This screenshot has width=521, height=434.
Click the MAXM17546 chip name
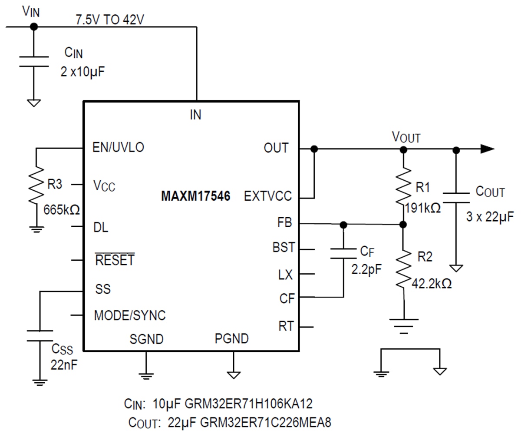[195, 196]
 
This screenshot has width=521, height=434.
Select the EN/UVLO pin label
[118, 147]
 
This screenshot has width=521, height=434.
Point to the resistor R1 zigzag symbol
[403, 187]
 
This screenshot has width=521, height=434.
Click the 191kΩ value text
[422, 208]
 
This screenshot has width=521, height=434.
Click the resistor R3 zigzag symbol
[37, 185]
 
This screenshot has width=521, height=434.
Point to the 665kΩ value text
[61, 210]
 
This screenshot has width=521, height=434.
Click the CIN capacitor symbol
[34, 61]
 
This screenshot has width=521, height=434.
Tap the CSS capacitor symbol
[40, 335]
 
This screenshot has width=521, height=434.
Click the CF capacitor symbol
[343, 254]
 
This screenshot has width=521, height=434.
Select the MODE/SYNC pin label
[129, 315]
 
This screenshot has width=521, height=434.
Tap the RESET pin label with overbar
[115, 260]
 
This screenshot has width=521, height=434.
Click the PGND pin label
[231, 338]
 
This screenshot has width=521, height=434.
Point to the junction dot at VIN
[34, 27]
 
